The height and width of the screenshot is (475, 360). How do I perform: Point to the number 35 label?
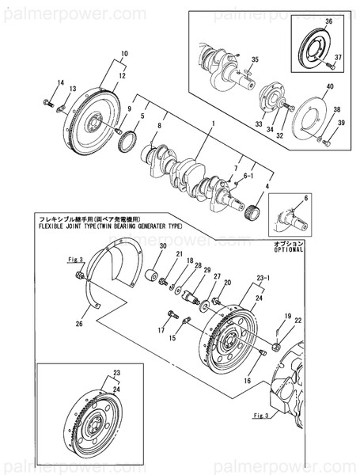[x=255, y=60]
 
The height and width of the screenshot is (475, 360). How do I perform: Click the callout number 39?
[x=342, y=123]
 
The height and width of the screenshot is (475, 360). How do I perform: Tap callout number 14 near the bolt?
[x=59, y=83]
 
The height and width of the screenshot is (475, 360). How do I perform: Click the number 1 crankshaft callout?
[x=212, y=124]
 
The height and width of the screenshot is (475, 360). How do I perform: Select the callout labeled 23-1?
[x=263, y=278]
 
